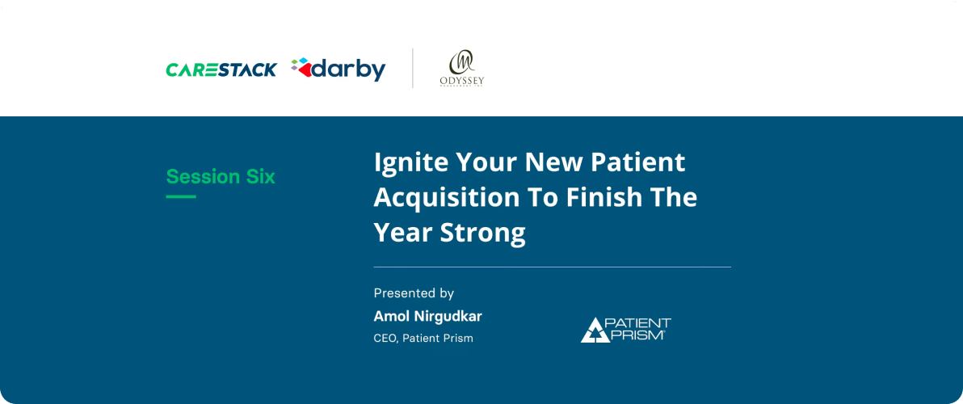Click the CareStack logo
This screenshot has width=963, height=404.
[221, 69]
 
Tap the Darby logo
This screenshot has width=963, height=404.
[339, 69]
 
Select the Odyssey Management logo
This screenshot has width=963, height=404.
[461, 69]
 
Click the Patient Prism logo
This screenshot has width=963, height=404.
[625, 329]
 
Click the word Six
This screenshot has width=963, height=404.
[261, 177]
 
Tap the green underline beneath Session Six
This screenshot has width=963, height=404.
[181, 196]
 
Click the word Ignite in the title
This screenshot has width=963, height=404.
[410, 162]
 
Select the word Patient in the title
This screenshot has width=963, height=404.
[638, 162]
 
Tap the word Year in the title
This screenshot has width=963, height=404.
[402, 233]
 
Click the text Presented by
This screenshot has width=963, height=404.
[414, 293]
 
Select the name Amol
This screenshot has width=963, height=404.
[392, 316]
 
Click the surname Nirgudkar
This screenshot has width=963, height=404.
[449, 316]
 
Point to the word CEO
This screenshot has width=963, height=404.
[385, 339]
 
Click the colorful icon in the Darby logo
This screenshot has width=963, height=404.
[301, 69]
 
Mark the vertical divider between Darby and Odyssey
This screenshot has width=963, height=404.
[413, 68]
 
